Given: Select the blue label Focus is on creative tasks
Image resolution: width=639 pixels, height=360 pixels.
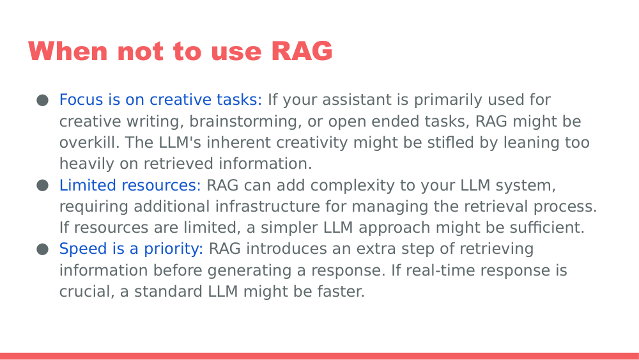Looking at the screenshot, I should (160, 100).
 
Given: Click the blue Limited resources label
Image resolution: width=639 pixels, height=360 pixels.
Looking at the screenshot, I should (130, 185).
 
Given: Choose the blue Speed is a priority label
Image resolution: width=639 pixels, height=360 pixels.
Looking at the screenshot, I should (131, 249).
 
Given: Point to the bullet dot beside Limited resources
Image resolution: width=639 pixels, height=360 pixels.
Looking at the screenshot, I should (43, 185).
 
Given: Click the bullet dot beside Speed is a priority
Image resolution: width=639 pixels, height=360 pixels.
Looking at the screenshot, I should (43, 249).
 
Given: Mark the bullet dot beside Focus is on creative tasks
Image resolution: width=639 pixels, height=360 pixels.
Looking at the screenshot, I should (43, 100).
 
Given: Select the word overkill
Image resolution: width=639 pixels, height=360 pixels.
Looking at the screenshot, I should (85, 143).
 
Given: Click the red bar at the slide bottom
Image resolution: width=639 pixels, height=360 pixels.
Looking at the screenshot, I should (319, 356).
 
